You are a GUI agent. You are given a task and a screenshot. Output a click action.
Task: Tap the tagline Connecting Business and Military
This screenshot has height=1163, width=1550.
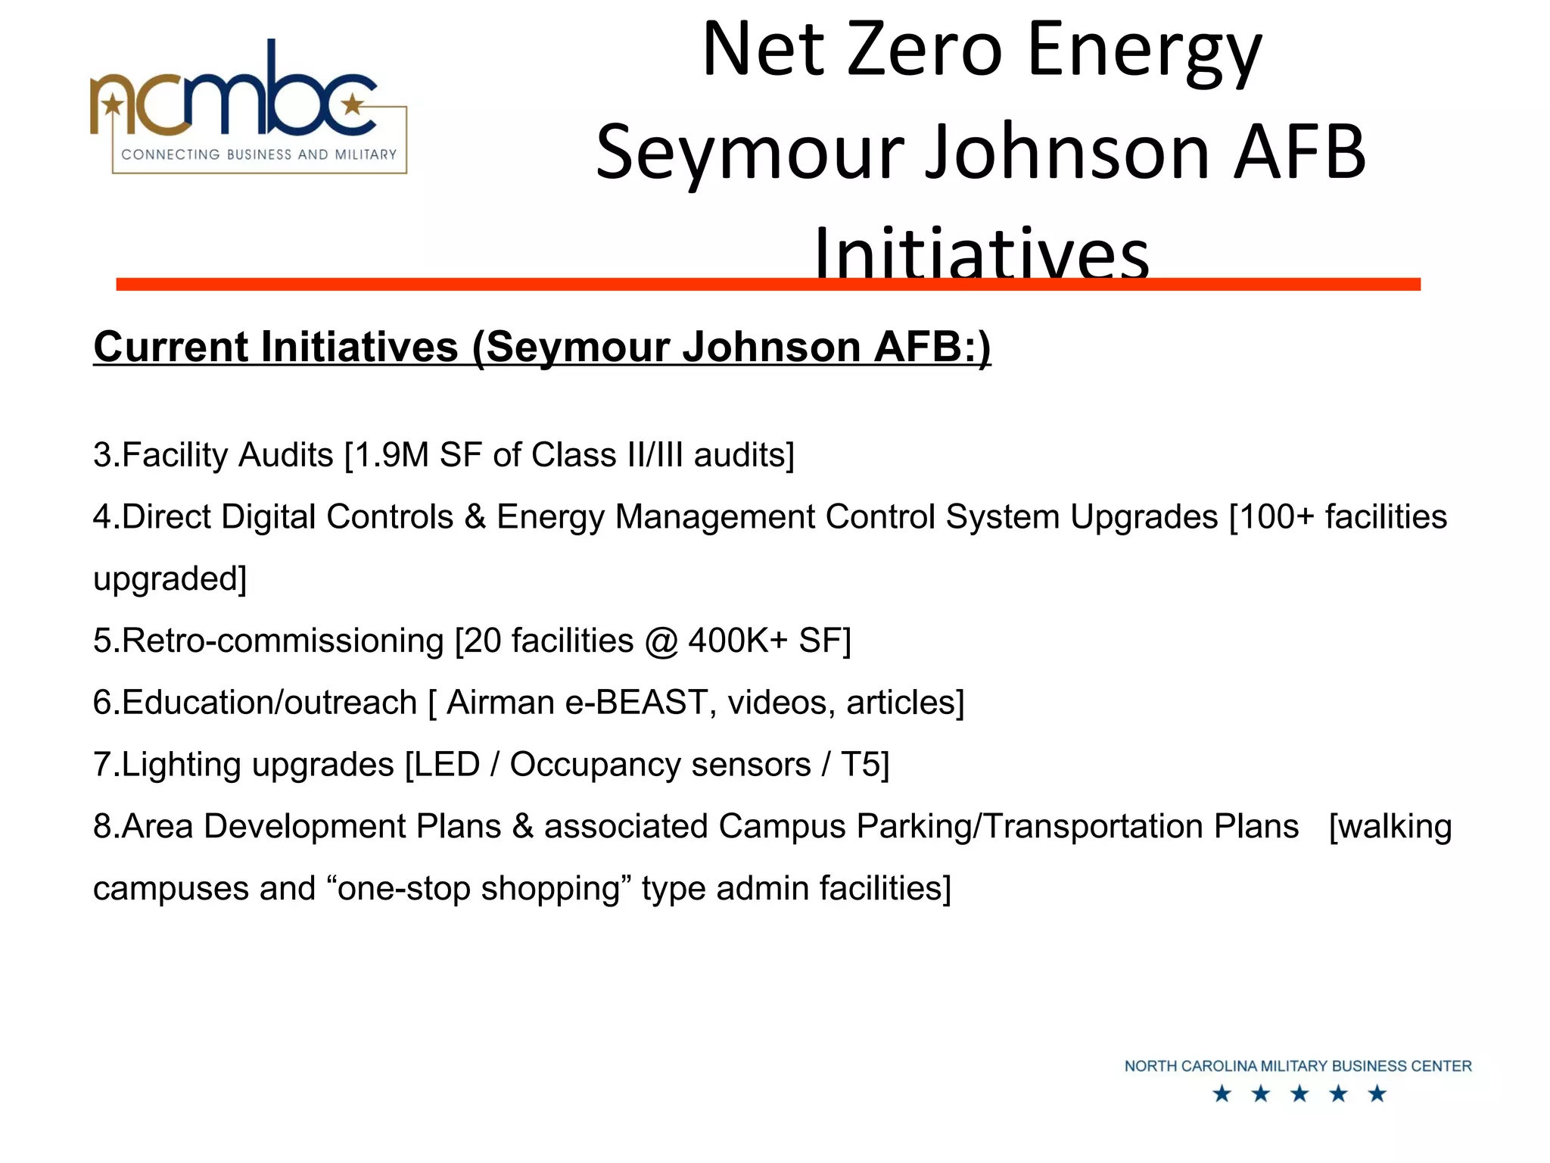click(259, 154)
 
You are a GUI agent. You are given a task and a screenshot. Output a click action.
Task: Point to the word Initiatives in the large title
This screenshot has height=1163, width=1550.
click(982, 254)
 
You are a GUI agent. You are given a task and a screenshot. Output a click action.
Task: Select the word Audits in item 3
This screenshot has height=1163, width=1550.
click(286, 455)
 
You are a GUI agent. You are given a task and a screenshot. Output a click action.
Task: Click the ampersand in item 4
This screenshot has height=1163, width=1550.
click(475, 517)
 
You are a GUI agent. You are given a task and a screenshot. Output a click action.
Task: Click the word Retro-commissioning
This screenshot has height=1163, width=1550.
click(282, 641)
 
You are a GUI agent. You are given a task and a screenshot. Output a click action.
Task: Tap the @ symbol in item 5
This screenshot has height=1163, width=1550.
click(661, 641)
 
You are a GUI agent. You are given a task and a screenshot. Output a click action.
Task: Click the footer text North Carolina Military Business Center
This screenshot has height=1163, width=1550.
click(1297, 1066)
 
